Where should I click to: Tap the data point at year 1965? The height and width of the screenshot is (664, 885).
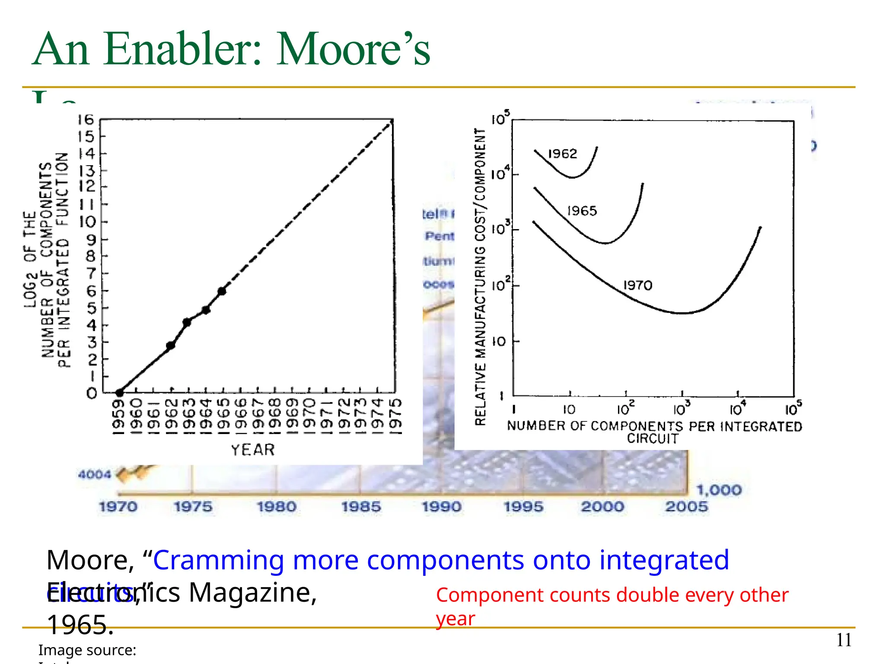coord(222,291)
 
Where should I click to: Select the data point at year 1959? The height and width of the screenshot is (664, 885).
coord(120,393)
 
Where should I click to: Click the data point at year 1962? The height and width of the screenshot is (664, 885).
coord(171,345)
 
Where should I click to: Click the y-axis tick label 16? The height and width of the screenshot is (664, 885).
coord(86,120)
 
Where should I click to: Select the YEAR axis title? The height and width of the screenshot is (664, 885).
coord(253,450)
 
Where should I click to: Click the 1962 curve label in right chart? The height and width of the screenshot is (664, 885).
coord(562,154)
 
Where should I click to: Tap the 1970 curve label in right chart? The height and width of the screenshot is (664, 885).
coord(637,285)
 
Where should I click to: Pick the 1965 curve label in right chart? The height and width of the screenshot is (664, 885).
coord(582,211)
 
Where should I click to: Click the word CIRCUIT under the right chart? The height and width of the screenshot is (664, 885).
coord(653,439)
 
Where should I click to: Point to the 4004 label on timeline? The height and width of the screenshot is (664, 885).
coord(94,475)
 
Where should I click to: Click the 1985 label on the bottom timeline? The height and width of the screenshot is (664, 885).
coord(361,507)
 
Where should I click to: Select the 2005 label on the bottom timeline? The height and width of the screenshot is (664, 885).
coord(686,507)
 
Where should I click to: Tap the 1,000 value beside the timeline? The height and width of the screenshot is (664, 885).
coord(719,490)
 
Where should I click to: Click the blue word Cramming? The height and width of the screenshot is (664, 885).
coord(218,560)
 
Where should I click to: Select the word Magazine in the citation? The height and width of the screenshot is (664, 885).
coord(252,593)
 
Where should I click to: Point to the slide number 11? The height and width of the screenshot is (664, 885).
coord(844,640)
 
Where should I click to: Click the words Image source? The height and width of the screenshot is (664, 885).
coord(87,650)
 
